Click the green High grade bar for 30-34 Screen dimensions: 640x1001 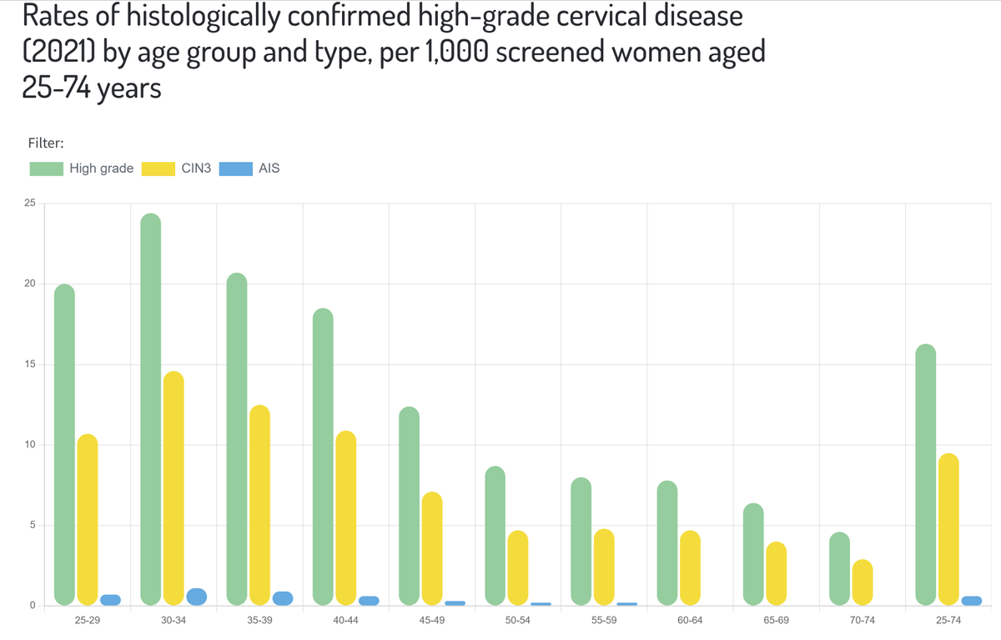pos(150,409)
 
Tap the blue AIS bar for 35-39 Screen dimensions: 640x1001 pos(283,597)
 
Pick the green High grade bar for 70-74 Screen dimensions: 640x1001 pos(839,568)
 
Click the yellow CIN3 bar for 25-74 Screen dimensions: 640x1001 pos(948,529)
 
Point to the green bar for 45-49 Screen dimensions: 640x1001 pos(409,506)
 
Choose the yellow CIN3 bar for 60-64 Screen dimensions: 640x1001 pos(690,567)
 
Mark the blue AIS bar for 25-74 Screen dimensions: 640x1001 pos(971,600)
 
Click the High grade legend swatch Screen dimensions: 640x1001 pos(47,169)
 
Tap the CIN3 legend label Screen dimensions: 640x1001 pos(196,169)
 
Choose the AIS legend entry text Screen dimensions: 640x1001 pos(269,169)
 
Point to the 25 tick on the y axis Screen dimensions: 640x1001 pos(30,204)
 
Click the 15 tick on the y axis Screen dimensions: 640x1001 pos(30,365)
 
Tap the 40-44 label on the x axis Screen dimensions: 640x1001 pos(345,622)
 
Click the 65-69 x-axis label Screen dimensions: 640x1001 pos(776,622)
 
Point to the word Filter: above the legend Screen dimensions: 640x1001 pos(46,143)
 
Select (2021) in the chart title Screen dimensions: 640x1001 pos(58,53)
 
